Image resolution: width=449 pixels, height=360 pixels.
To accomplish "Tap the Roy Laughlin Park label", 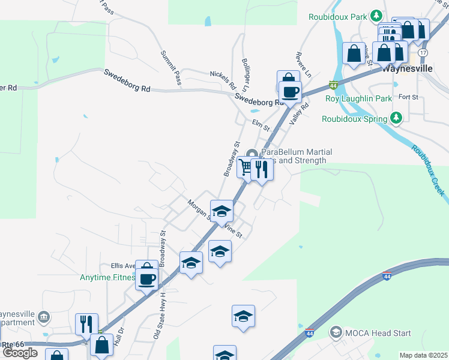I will coord(358,98).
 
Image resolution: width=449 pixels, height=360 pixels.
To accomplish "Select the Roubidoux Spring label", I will coord(355,119).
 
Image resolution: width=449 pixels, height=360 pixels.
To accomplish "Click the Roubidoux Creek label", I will coord(428,170).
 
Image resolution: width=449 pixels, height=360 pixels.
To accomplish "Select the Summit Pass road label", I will coord(170,67).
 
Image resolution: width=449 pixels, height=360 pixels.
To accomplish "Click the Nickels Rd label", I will coord(223,80).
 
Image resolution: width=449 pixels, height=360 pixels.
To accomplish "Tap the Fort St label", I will coord(408,97).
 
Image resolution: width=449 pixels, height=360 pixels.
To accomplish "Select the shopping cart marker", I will coord(246,167).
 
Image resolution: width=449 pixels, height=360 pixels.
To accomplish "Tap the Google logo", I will coord(19,353).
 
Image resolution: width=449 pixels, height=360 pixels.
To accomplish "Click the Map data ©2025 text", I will coord(423,355).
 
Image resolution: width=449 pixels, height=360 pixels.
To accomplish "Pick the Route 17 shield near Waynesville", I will coord(423,53).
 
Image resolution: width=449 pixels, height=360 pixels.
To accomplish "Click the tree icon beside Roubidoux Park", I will coord(376,15).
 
